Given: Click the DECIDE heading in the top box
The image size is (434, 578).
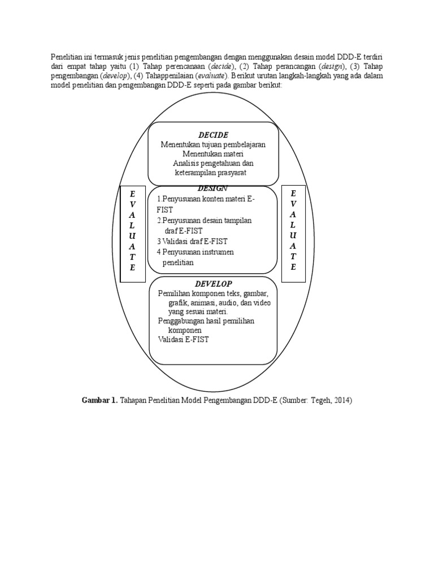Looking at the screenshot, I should pyautogui.click(x=213, y=135).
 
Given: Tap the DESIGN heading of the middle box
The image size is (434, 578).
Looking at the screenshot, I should pyautogui.click(x=213, y=188).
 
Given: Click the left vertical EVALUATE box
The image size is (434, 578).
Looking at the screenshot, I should pyautogui.click(x=133, y=232).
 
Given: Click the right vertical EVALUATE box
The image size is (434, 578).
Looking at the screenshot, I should pyautogui.click(x=293, y=232).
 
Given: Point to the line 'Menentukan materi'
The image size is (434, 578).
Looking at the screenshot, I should pyautogui.click(x=213, y=154).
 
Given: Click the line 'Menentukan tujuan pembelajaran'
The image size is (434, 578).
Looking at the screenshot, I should pyautogui.click(x=213, y=144).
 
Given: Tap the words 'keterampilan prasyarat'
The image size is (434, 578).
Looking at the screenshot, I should pyautogui.click(x=211, y=172).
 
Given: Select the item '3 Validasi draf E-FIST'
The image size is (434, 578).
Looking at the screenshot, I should pyautogui.click(x=192, y=241).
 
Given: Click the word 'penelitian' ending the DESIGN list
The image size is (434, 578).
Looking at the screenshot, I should pyautogui.click(x=178, y=262).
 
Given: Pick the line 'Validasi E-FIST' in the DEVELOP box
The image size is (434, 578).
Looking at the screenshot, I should pyautogui.click(x=184, y=339).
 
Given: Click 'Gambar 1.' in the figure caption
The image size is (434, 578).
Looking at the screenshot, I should pyautogui.click(x=100, y=400).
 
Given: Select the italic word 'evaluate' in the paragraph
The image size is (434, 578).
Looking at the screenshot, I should pyautogui.click(x=210, y=75).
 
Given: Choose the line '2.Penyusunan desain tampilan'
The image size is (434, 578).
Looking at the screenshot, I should pyautogui.click(x=204, y=220).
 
